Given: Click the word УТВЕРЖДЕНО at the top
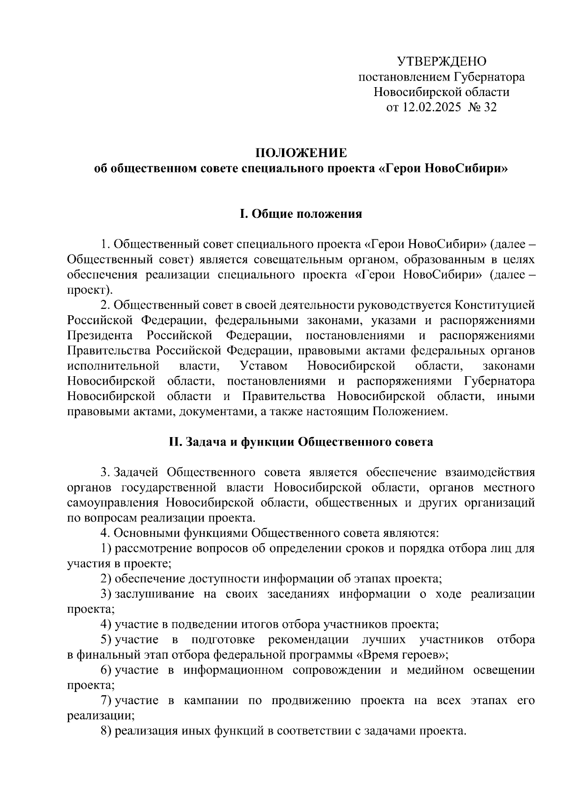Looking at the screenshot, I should [x=442, y=61].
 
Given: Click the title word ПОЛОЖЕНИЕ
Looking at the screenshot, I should [x=301, y=153].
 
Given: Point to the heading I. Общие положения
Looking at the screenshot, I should [x=301, y=214].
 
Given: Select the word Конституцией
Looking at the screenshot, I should [x=494, y=305].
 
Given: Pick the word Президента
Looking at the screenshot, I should [x=99, y=336].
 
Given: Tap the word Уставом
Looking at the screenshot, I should [x=263, y=366].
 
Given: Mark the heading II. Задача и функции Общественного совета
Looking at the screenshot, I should [x=301, y=442].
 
